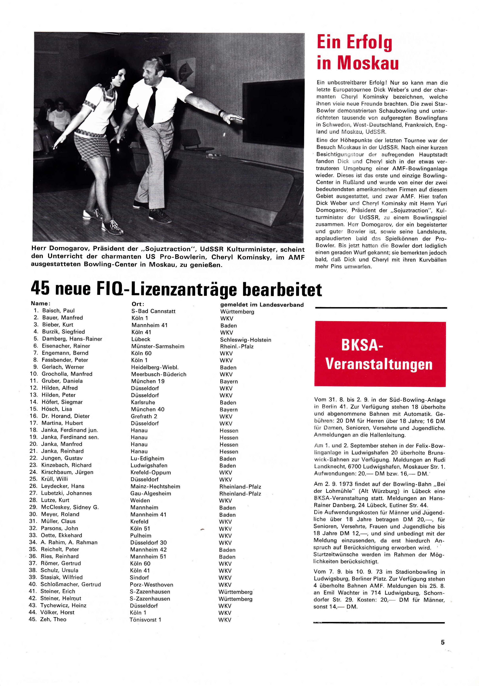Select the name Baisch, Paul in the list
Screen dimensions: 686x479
58,310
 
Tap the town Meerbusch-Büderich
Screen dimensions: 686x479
159,374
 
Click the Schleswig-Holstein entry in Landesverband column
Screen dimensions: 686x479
245,340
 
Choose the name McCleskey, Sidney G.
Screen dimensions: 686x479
70,507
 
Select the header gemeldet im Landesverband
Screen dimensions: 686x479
262,305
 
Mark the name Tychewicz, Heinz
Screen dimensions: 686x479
63,605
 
